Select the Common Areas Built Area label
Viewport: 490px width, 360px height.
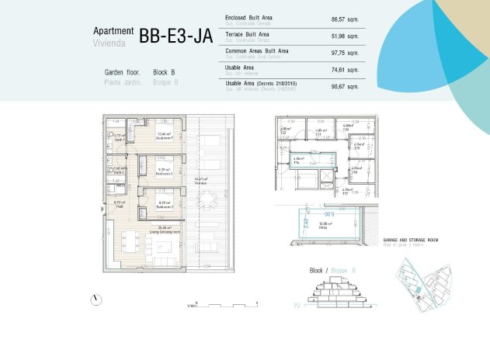coord(256,50)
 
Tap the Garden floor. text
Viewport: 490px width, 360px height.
coord(122,72)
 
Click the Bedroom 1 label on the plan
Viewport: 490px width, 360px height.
coord(164,137)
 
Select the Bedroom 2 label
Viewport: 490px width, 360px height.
coord(163,174)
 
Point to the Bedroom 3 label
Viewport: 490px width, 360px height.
coord(164,207)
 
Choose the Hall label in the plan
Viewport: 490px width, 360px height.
coord(120,206)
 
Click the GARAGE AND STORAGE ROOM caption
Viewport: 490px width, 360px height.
coord(411,241)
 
